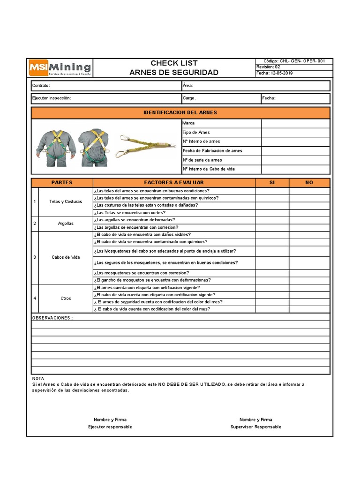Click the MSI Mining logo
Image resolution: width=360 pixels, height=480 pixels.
point(60,68)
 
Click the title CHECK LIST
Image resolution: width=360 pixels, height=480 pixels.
point(174,63)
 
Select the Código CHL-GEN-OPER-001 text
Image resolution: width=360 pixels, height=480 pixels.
point(298,61)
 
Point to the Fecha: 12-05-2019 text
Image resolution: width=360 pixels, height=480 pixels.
point(275,73)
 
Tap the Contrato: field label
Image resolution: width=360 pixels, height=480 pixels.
point(41,86)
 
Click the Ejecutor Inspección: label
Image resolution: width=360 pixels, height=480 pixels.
point(52,98)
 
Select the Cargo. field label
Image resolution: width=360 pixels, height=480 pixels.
point(189,98)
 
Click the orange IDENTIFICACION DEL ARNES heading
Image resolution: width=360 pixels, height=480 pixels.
point(180,113)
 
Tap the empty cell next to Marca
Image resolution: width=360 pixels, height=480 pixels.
point(295,123)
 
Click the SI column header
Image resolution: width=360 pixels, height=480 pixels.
point(272,182)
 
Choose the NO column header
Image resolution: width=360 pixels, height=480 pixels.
point(309,182)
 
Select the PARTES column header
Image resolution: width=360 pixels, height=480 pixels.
point(62,182)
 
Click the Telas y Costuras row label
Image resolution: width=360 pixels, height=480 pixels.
point(65,202)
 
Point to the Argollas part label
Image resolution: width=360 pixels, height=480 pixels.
point(65,224)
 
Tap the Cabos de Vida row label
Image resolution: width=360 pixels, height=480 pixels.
point(65,257)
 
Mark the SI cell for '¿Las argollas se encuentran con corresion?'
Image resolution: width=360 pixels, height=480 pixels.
point(272,227)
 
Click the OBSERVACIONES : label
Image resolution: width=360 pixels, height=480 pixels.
point(52,318)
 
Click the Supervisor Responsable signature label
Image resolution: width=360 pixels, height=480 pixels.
point(256,427)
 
